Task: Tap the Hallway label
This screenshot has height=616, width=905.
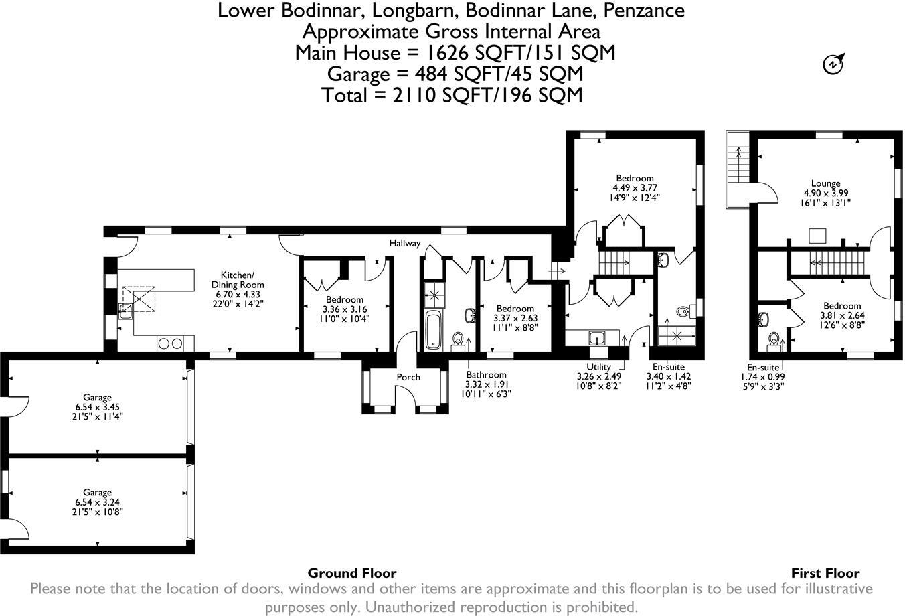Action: coord(404,243)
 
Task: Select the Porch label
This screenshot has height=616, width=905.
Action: coord(408,377)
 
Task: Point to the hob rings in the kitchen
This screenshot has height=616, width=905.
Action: coord(170,343)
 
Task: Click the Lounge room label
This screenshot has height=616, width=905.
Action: coord(825,183)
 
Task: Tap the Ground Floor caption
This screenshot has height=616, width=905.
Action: coord(352,573)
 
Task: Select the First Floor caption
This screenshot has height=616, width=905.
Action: coord(825,573)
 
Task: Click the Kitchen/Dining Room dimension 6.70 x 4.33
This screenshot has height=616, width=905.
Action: coord(237,294)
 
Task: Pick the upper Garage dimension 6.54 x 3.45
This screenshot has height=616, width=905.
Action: coord(97,407)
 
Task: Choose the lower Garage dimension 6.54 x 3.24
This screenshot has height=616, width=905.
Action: coord(97,502)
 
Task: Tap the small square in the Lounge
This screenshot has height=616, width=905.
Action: coord(817,236)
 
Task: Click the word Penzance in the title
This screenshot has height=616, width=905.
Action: coord(643,11)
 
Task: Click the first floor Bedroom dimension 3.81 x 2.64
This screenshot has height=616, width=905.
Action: coord(842,315)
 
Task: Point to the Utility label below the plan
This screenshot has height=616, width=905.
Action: coord(598,367)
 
